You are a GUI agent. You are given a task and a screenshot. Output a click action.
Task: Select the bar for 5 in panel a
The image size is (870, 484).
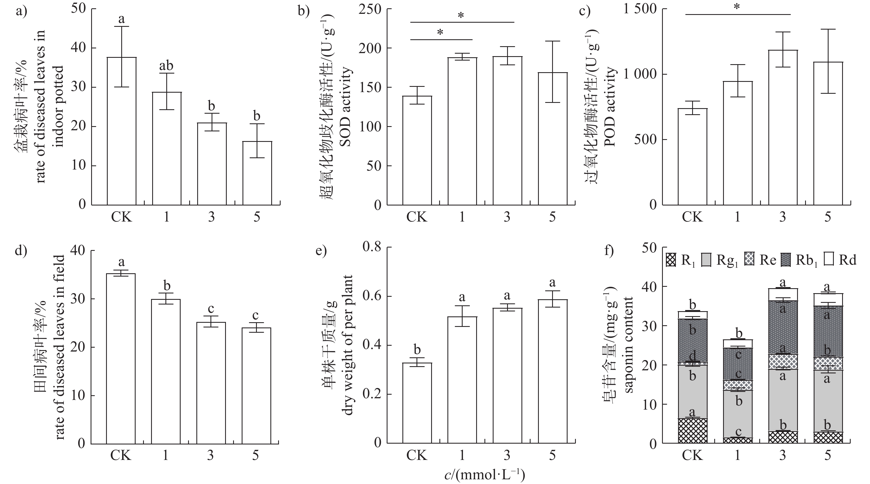tap(257, 173)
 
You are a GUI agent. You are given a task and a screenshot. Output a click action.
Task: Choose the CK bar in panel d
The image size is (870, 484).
tap(121, 358)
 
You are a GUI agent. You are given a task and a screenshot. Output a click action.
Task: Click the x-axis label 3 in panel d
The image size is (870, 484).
tap(210, 455)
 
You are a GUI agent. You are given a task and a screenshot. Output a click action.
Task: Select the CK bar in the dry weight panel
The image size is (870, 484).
tap(417, 403)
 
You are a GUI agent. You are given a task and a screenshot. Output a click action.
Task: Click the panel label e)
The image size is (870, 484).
tap(321, 252)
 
